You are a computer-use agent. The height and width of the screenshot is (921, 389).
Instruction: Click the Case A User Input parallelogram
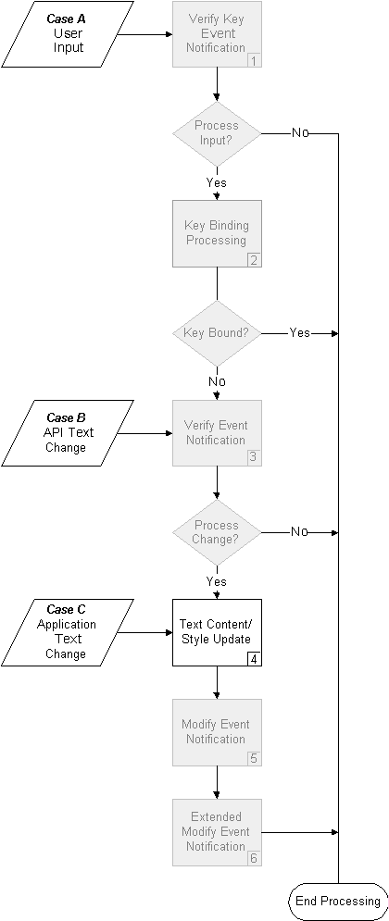[x=68, y=34]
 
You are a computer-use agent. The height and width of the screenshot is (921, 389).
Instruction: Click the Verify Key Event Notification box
[x=217, y=34]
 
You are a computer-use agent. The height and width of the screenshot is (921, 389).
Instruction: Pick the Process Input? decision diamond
[x=217, y=133]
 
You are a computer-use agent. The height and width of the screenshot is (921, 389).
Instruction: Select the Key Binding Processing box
[x=217, y=233]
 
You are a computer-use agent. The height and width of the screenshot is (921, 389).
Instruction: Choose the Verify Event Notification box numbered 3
[x=217, y=432]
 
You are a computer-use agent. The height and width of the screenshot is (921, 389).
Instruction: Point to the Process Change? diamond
[x=217, y=532]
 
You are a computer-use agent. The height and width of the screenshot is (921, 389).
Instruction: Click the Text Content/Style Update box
[x=217, y=632]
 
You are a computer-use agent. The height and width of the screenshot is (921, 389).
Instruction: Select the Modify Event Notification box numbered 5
[x=217, y=732]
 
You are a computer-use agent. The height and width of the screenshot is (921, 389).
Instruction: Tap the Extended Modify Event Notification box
[x=217, y=831]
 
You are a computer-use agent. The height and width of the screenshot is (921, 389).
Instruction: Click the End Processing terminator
[x=337, y=901]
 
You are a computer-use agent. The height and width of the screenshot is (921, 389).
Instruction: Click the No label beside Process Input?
[x=300, y=133]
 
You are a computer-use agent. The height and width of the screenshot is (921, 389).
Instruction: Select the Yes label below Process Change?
[x=217, y=582]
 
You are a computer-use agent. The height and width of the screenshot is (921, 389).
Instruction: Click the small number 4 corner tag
[x=254, y=658]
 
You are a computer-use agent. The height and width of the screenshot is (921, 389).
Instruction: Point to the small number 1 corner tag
[x=254, y=61]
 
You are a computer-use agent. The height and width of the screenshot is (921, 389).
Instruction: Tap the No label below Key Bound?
[x=217, y=381]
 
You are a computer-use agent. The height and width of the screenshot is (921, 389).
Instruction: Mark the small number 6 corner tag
[x=254, y=858]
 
